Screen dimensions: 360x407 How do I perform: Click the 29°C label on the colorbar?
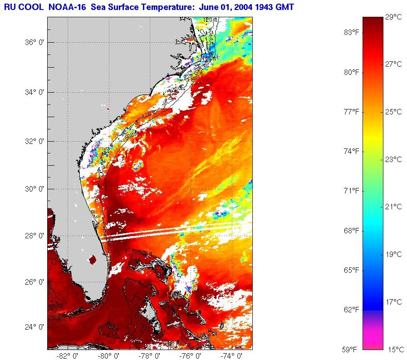point(393,17)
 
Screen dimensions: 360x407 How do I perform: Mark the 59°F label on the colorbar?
point(351,350)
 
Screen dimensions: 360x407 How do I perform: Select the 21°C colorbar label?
point(393,207)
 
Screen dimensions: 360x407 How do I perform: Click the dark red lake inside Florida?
point(93,260)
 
